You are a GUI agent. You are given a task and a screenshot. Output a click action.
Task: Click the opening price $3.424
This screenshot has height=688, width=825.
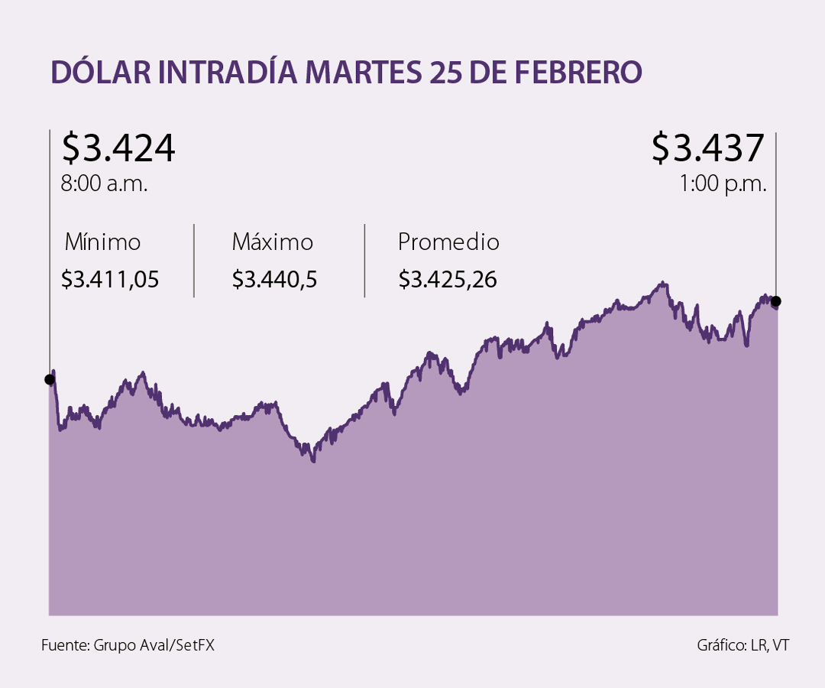118,148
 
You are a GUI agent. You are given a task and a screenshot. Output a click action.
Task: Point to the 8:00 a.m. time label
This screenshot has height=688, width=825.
104,184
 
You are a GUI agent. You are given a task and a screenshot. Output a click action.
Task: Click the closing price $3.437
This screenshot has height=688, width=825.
707,148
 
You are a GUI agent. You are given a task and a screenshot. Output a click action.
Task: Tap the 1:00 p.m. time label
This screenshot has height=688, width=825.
722,184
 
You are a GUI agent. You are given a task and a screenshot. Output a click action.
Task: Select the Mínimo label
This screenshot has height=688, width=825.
103,242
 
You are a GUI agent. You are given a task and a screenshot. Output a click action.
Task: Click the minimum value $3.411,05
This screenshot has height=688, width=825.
110,280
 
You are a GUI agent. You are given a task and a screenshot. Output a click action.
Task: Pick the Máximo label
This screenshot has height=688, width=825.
273,242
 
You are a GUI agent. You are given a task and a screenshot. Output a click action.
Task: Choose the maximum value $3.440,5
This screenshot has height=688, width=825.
274,280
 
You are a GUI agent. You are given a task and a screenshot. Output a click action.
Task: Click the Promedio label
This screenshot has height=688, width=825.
448,242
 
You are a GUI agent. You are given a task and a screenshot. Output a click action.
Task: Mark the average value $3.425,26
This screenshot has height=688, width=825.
448,280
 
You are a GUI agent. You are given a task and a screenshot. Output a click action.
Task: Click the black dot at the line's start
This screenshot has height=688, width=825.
50,379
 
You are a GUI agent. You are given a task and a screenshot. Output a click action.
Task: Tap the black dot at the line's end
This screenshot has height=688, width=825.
777,300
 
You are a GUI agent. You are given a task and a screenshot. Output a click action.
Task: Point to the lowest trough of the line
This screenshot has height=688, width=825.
313,460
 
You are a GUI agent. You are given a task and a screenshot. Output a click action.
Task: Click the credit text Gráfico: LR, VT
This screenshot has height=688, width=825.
742,645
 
